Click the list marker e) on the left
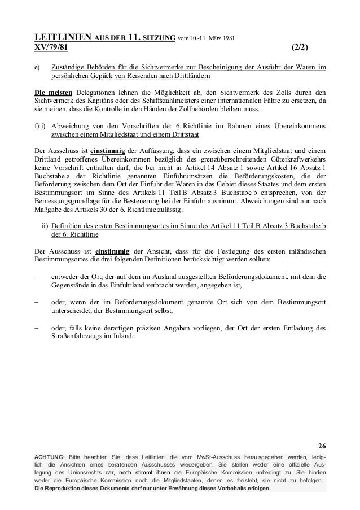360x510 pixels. pyautogui.click(x=37, y=68)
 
